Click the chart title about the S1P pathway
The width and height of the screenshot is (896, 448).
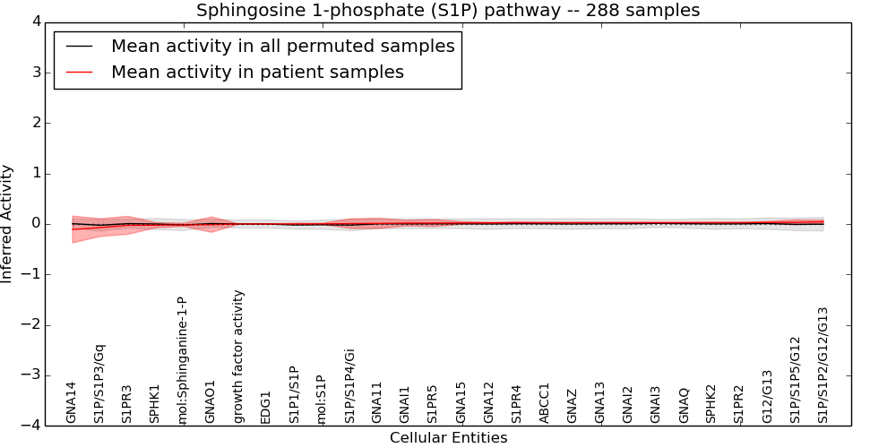pyautogui.click(x=448, y=10)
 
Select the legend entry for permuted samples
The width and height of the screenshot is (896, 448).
pyautogui.click(x=282, y=46)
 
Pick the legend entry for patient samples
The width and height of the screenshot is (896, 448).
pyautogui.click(x=257, y=72)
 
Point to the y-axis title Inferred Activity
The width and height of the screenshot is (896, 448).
pyautogui.click(x=7, y=224)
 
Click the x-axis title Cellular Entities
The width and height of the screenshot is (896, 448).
pyautogui.click(x=448, y=437)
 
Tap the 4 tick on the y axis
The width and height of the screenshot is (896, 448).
pyautogui.click(x=35, y=22)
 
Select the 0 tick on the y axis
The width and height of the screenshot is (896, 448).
pyautogui.click(x=35, y=224)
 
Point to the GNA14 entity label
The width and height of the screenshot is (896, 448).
pyautogui.click(x=72, y=402)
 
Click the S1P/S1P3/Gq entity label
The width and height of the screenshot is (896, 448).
pyautogui.click(x=99, y=383)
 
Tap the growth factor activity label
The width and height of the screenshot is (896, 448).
pyautogui.click(x=238, y=356)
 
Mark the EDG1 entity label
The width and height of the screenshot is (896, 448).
pyautogui.click(x=266, y=407)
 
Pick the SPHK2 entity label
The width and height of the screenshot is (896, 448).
pyautogui.click(x=711, y=403)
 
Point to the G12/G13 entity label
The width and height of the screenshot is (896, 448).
pyautogui.click(x=767, y=396)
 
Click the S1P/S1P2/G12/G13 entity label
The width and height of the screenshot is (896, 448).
pyautogui.click(x=823, y=365)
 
